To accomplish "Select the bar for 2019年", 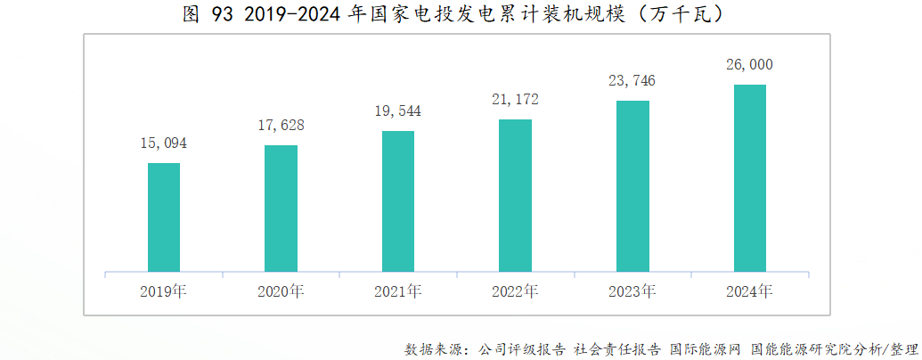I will pyautogui.click(x=164, y=217).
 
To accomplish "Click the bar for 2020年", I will pyautogui.click(x=281, y=209).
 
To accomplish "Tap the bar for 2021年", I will pyautogui.click(x=398, y=201).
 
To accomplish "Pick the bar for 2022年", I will pyautogui.click(x=515, y=195).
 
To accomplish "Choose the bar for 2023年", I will pyautogui.click(x=632, y=186).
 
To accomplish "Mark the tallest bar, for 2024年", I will pyautogui.click(x=749, y=178).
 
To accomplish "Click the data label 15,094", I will pyautogui.click(x=164, y=143).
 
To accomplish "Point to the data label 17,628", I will pyautogui.click(x=281, y=125).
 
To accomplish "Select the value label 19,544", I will pyautogui.click(x=398, y=110).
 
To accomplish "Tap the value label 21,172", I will pyautogui.click(x=515, y=98).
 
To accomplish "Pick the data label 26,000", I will pyautogui.click(x=749, y=64).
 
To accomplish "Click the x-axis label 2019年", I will pyautogui.click(x=164, y=291).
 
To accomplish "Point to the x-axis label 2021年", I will pyautogui.click(x=398, y=291).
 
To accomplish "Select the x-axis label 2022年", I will pyautogui.click(x=515, y=291).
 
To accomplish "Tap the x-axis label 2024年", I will pyautogui.click(x=749, y=291).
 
